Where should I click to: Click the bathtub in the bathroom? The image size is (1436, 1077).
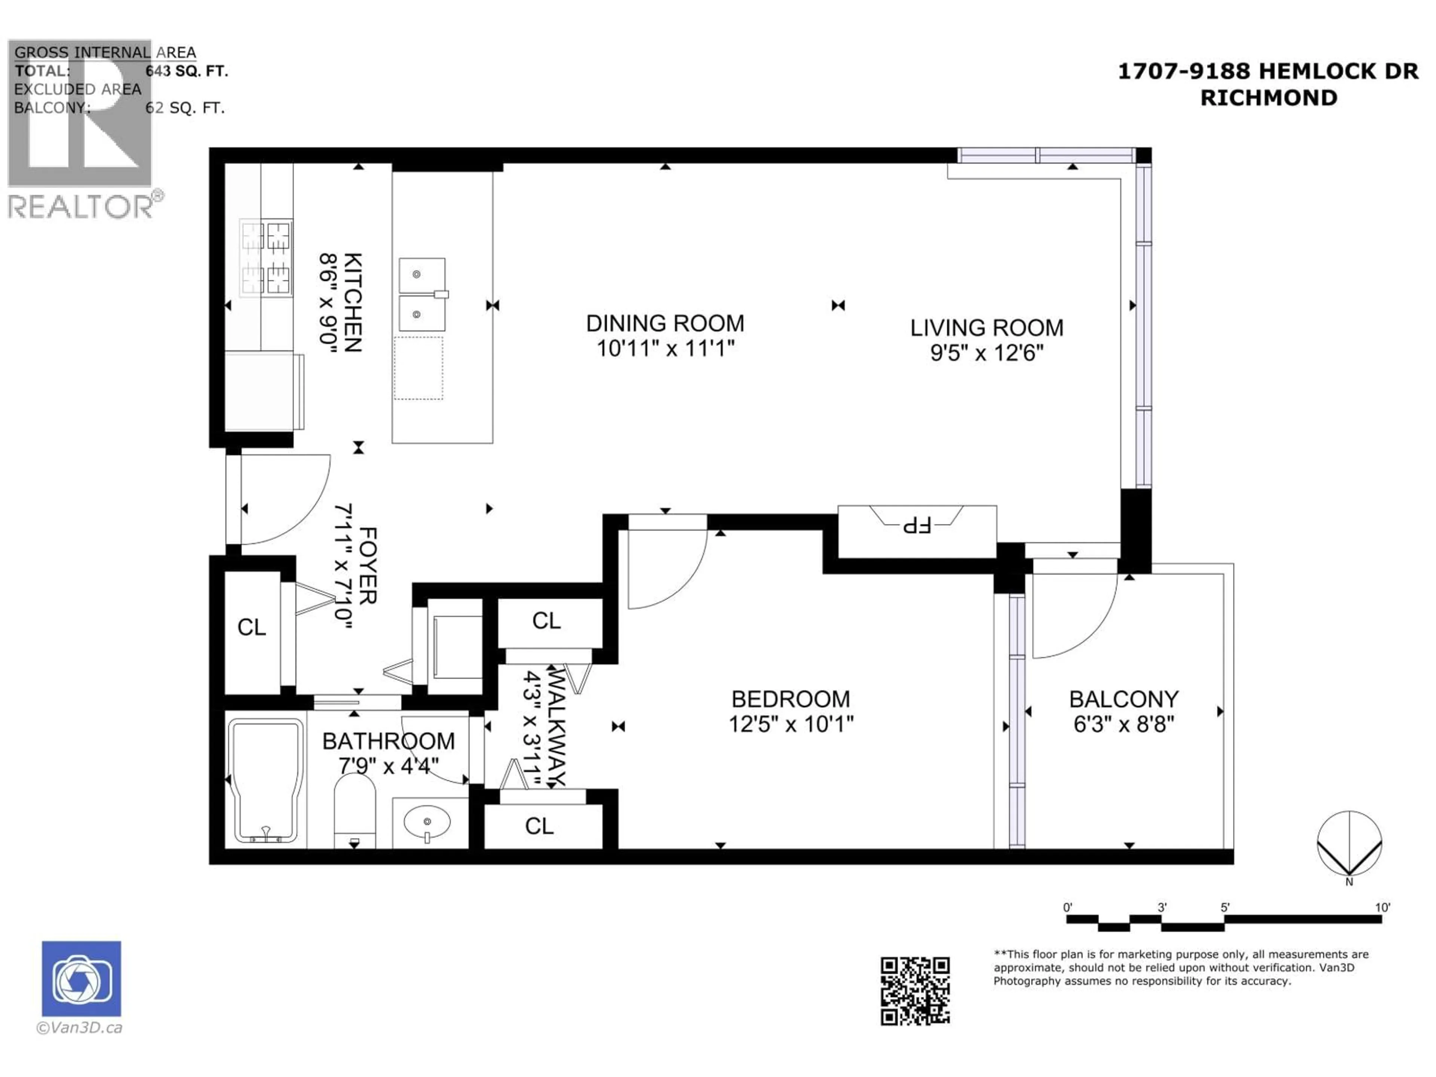coord(265,781)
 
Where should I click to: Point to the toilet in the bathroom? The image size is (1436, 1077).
coord(355,811)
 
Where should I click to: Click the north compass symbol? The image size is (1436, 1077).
coord(1349,844)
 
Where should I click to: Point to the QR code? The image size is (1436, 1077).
coord(915,991)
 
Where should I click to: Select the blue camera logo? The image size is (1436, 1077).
coord(81,978)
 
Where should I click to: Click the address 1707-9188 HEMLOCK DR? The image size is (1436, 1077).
coord(1267,71)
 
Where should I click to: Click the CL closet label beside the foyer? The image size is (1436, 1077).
coord(251,627)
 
